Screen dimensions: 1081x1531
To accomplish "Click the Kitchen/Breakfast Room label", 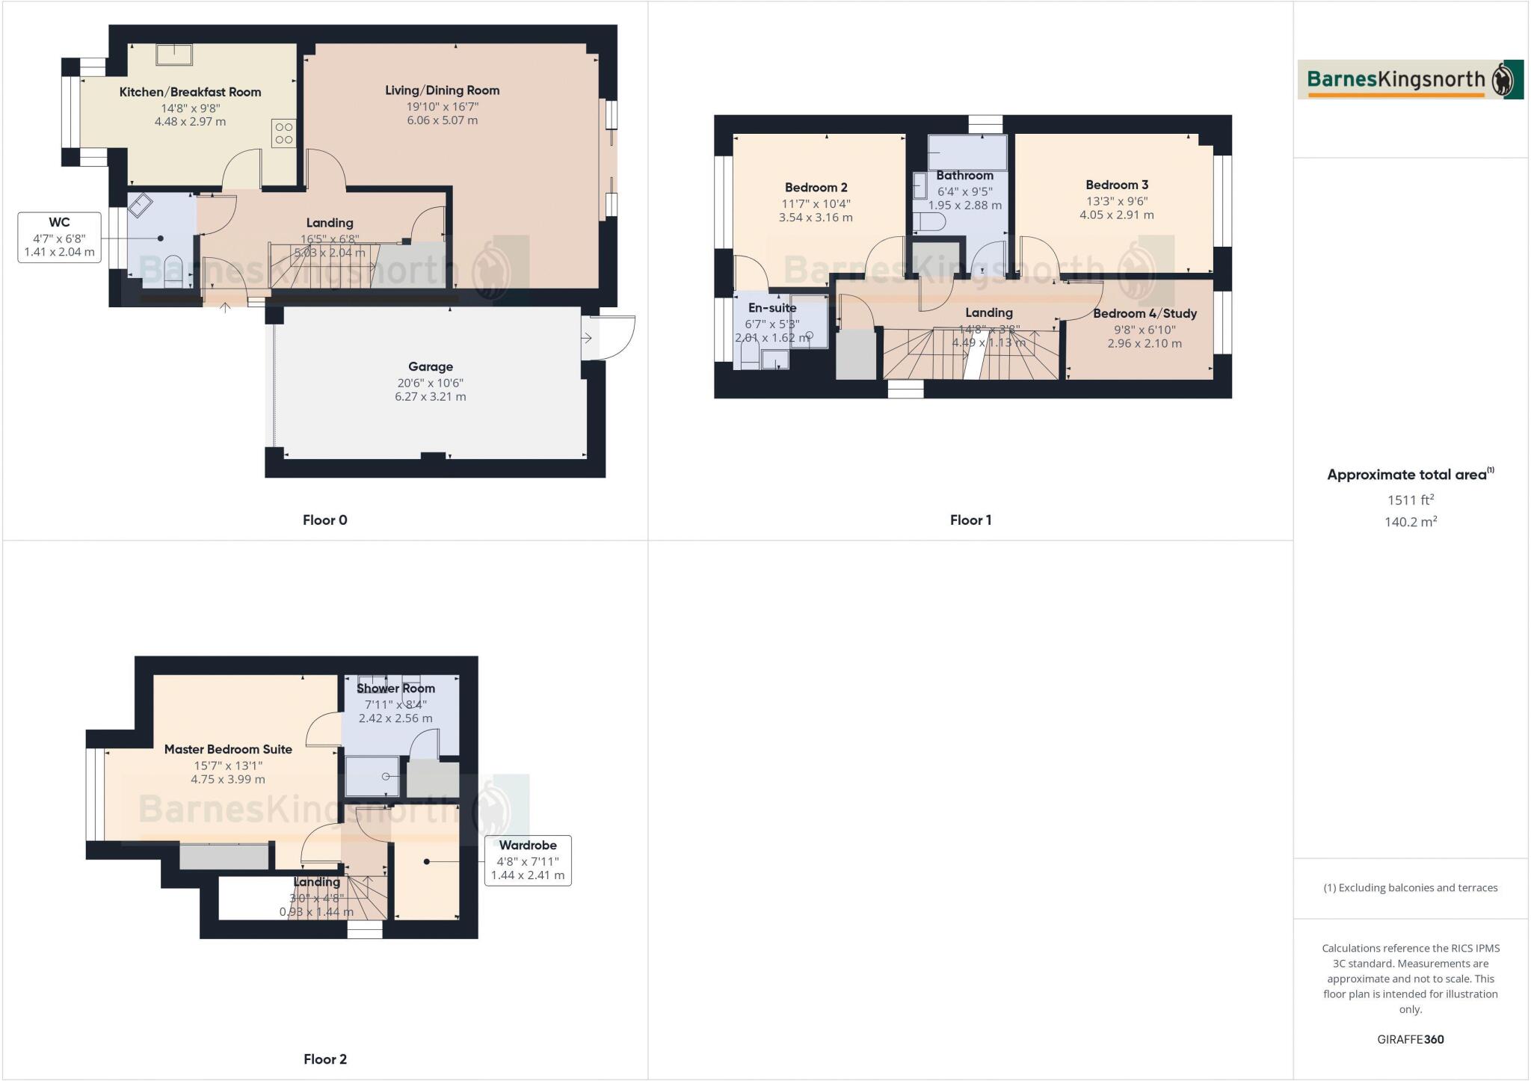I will tap(190, 92).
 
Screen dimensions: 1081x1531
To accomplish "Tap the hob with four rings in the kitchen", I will tap(284, 133).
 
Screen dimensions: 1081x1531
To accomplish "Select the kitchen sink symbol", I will tap(174, 55).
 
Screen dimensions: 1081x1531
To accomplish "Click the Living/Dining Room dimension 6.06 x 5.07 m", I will tap(442, 120).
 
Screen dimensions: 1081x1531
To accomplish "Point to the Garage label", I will tap(430, 366).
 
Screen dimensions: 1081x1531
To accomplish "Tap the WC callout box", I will tap(59, 237).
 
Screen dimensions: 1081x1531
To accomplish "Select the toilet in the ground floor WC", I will tap(173, 270).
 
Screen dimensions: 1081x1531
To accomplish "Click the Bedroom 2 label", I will tap(816, 188).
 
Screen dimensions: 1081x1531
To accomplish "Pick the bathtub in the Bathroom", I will tap(967, 153).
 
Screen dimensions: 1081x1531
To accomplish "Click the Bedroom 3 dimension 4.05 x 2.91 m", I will tap(1116, 215).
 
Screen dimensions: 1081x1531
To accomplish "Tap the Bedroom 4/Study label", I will tap(1145, 313).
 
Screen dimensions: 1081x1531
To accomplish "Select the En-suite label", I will tap(772, 307).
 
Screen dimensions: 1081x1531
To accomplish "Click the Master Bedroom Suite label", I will tap(228, 749).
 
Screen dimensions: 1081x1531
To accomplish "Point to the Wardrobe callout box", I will tap(528, 860).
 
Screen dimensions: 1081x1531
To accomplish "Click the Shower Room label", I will tap(395, 688).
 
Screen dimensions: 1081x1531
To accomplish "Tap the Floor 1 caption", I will tap(970, 520).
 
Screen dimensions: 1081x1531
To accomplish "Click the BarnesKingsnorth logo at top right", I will tap(1410, 79).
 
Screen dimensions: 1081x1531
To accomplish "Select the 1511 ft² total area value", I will tap(1410, 499).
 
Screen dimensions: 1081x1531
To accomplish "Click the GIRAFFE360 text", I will tap(1410, 1039).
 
